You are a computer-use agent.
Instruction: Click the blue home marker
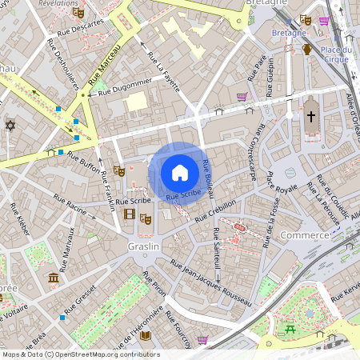click(x=180, y=172)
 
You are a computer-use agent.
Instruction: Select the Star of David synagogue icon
click(x=10, y=126)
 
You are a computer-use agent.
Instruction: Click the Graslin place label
click(x=144, y=247)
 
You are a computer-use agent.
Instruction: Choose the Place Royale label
click(x=282, y=189)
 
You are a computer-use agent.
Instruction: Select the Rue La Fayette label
click(x=164, y=70)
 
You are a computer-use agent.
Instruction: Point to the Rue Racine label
click(x=70, y=205)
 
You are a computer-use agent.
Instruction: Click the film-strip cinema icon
click(x=130, y=213)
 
